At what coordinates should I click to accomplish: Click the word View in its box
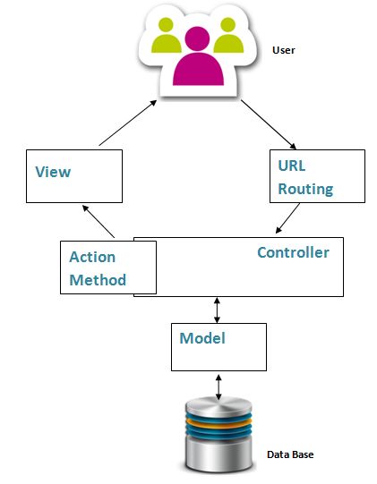pos(53,170)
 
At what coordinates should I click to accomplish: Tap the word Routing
pos(305,189)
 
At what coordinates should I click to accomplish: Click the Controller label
pos(293,252)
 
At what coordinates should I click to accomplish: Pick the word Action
pos(92,257)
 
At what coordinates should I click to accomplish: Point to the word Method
pos(98,279)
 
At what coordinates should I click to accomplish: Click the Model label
pos(202,338)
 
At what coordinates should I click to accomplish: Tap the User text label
pos(283,51)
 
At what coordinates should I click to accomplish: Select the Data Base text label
pos(290,454)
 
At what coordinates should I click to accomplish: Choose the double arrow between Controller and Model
pos(216,310)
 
